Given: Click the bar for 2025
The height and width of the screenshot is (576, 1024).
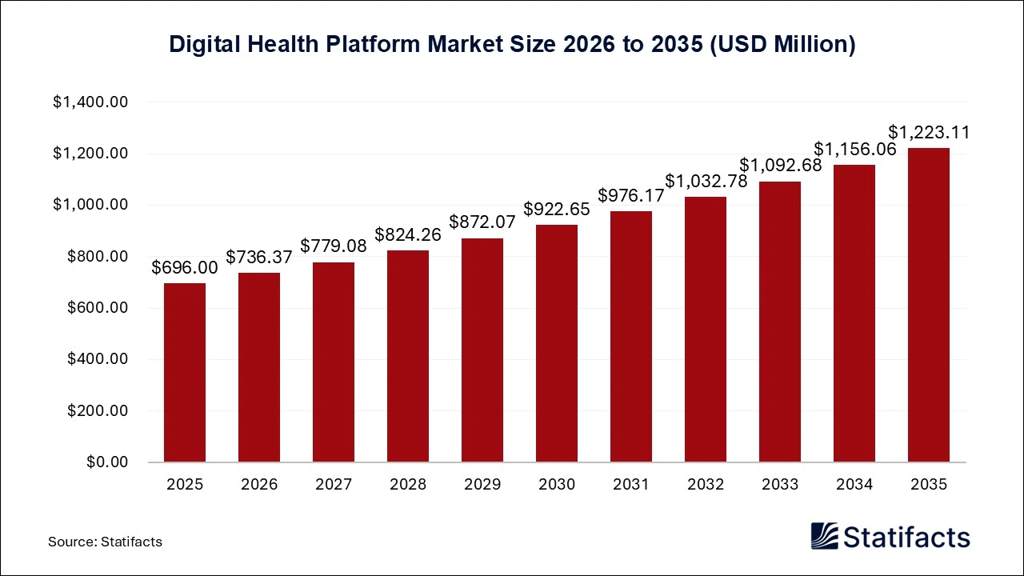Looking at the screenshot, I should [x=185, y=373].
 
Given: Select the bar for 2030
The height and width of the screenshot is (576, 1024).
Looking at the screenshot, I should [x=557, y=344].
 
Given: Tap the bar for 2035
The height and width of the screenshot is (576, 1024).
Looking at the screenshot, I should [x=929, y=305].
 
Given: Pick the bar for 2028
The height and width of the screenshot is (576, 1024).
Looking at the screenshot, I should [x=408, y=356].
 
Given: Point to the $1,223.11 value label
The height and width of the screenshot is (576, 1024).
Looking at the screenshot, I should [x=929, y=133].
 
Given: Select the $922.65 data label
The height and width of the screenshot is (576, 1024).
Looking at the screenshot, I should [x=557, y=210].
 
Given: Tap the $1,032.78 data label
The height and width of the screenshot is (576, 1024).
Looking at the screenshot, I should [x=706, y=182].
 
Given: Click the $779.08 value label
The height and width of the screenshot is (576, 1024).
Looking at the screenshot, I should [x=334, y=246].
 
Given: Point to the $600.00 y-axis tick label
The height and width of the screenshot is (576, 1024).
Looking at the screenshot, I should [x=98, y=308].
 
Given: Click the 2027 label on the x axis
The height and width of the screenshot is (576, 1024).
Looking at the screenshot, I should [x=334, y=485].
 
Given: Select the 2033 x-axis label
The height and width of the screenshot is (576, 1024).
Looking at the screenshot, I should [x=780, y=485].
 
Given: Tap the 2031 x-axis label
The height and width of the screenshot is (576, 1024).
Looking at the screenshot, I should [x=631, y=485].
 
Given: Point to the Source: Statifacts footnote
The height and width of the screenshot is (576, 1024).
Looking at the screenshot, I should [x=105, y=542].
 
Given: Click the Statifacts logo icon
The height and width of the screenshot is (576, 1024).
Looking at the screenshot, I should [x=825, y=536].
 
